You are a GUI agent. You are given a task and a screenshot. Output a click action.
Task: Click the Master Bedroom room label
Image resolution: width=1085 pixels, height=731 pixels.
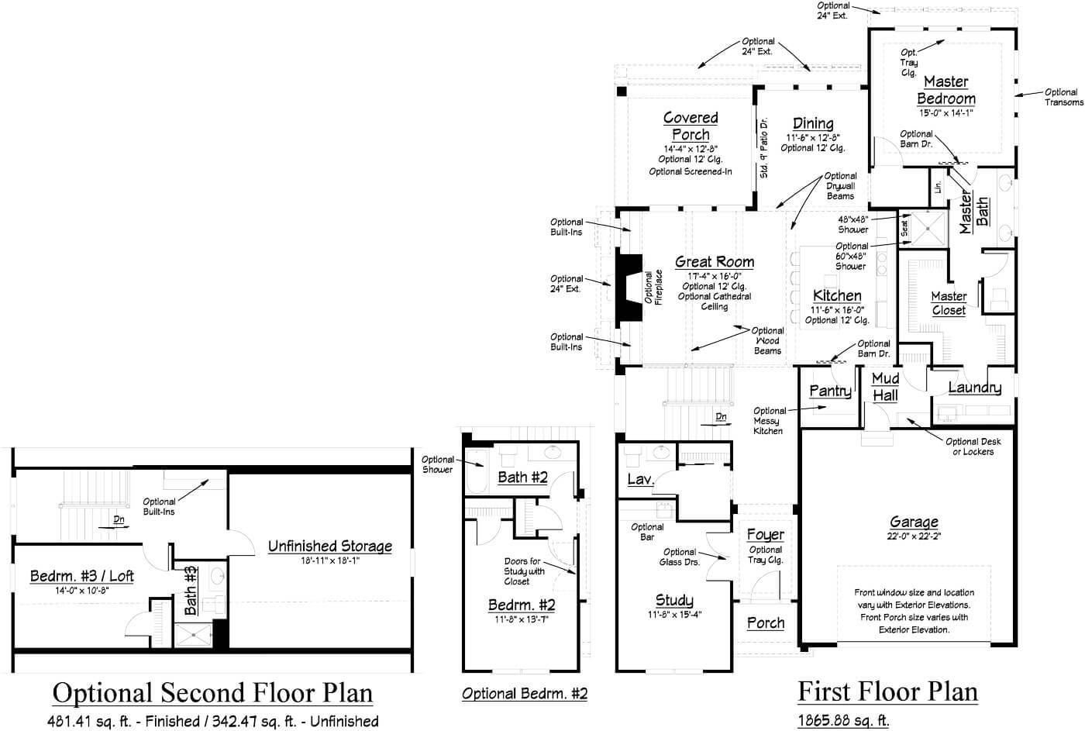[x=945, y=90]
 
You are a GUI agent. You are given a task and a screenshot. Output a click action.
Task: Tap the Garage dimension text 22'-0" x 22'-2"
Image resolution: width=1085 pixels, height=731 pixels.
[x=914, y=536]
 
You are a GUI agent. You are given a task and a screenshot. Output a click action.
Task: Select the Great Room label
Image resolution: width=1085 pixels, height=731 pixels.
[x=714, y=262]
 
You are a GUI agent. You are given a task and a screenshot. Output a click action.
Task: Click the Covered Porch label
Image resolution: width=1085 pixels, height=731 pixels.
[x=690, y=126]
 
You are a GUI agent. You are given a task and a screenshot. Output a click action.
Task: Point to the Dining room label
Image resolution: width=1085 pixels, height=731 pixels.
[x=813, y=123]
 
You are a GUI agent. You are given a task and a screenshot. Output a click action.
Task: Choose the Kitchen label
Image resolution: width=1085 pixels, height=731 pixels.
[x=837, y=295]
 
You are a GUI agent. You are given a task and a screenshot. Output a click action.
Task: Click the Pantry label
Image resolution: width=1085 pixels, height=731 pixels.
[x=830, y=391]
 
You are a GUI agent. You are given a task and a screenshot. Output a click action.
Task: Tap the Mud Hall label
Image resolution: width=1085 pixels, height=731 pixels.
[x=885, y=387]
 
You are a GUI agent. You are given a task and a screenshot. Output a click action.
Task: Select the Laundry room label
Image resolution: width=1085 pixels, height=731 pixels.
[x=974, y=388]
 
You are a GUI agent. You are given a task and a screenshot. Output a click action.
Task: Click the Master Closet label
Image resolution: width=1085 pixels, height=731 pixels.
[x=949, y=303]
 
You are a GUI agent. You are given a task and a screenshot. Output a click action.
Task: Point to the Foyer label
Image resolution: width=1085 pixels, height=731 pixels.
[x=765, y=535]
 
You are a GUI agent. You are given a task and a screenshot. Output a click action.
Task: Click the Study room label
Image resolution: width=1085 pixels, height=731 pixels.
[x=674, y=600]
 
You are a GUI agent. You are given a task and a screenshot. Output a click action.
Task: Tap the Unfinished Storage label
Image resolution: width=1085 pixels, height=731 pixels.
[x=329, y=546]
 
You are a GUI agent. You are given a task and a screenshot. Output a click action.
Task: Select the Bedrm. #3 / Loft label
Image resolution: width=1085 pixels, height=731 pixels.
[x=81, y=576]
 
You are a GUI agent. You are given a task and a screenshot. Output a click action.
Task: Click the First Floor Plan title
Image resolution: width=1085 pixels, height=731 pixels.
[x=887, y=690]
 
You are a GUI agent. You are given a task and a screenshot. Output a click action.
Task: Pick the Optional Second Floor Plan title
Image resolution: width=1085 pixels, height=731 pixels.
[x=212, y=692]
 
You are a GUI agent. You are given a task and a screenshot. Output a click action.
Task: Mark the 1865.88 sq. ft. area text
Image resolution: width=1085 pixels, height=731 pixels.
[x=843, y=721]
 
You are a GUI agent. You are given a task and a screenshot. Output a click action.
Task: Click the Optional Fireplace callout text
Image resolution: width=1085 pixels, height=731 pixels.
[x=653, y=288]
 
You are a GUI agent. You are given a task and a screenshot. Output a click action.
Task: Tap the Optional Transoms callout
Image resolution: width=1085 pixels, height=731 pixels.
[x=1063, y=97]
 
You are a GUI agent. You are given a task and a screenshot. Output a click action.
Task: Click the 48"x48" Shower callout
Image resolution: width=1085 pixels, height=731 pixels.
[x=853, y=225]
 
